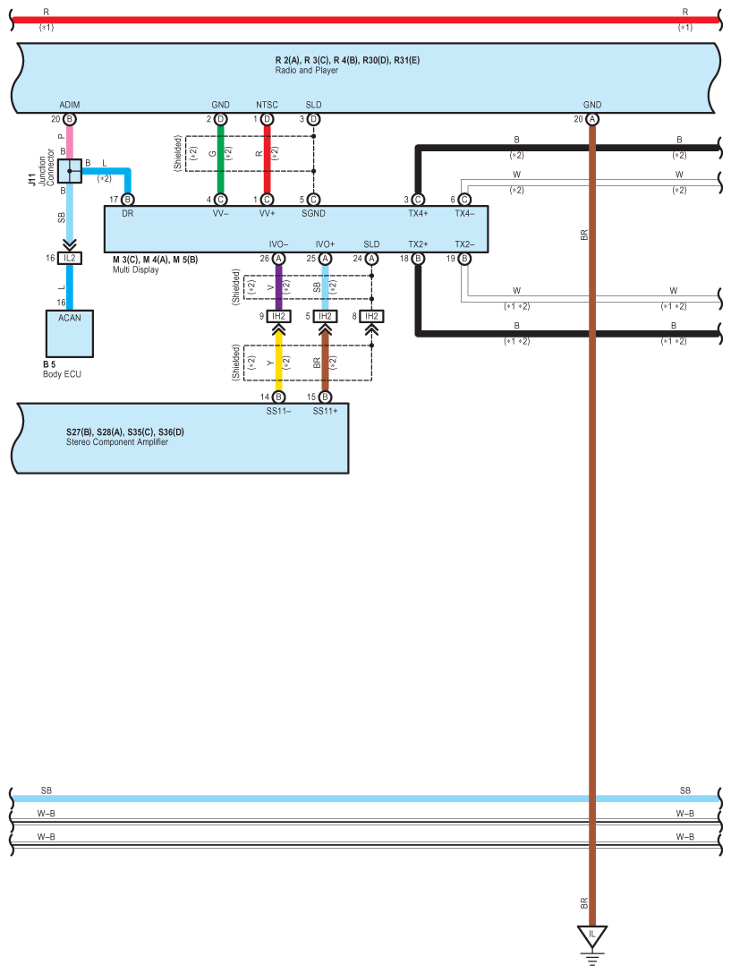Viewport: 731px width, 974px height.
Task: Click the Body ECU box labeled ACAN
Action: pos(69,333)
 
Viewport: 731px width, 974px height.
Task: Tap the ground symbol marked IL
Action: pos(591,937)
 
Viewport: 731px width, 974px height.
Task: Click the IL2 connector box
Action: pos(69,259)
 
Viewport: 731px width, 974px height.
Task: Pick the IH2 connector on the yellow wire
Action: pos(278,316)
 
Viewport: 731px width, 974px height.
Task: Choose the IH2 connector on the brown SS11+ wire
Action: pos(325,316)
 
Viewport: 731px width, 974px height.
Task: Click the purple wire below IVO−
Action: pos(278,286)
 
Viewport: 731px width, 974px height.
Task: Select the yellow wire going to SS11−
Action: pos(278,362)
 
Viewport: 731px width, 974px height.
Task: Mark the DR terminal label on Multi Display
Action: pos(127,214)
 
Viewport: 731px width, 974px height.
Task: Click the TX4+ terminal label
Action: pos(418,214)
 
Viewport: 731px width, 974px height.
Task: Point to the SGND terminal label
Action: pos(313,214)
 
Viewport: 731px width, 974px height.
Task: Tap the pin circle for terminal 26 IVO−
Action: pos(278,259)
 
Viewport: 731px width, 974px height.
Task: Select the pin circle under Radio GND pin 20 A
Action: pos(591,119)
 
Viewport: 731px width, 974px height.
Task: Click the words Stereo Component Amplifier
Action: pos(116,441)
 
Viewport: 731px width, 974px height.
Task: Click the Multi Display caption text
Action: pos(136,269)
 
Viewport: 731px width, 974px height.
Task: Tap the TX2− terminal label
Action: pos(464,243)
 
